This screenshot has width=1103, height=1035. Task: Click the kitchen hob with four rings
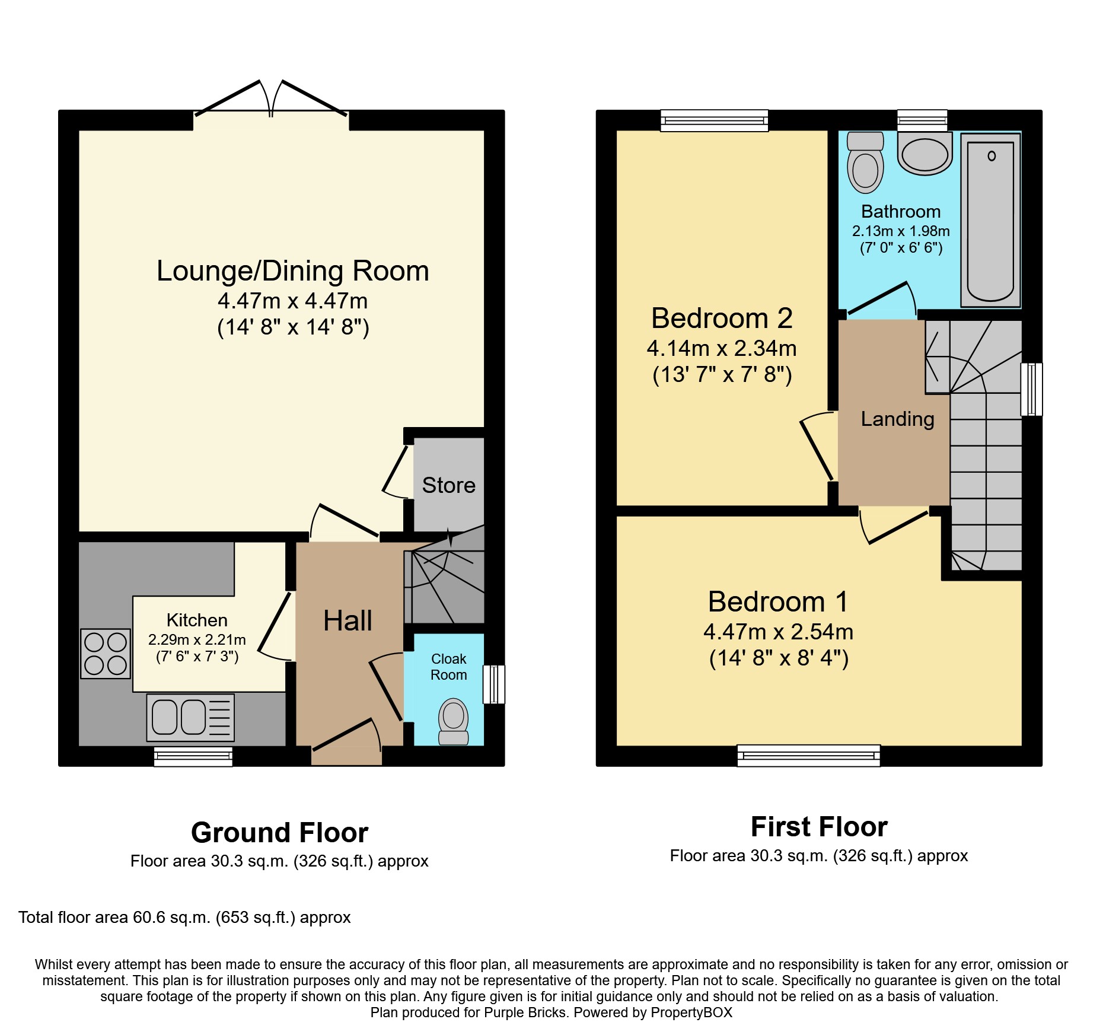click(x=106, y=654)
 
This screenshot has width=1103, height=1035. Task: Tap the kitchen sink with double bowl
click(x=190, y=717)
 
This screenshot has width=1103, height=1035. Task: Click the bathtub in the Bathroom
click(x=990, y=219)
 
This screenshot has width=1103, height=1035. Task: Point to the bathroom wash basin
click(x=925, y=153)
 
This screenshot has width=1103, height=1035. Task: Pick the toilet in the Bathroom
click(x=865, y=162)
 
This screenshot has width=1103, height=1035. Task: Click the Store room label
click(x=449, y=485)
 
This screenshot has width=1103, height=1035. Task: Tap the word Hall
click(x=348, y=621)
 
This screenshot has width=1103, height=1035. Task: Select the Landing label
click(x=898, y=419)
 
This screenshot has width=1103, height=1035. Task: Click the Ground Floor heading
click(x=280, y=833)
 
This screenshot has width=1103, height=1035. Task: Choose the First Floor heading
click(x=819, y=827)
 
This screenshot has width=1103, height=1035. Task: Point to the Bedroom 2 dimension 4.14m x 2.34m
click(x=722, y=348)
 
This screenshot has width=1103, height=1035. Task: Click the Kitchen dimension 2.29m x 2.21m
click(x=197, y=640)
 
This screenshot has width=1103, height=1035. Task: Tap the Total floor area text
click(x=184, y=918)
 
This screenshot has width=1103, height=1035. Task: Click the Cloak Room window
click(x=494, y=684)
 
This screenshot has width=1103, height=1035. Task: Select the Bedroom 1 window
click(x=809, y=756)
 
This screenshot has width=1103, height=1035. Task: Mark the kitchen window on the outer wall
click(x=193, y=756)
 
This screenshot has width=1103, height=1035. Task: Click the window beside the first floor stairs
click(x=1031, y=389)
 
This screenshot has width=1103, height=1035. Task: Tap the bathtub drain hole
click(x=992, y=156)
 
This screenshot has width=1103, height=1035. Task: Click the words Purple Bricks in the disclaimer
click(x=525, y=1012)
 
